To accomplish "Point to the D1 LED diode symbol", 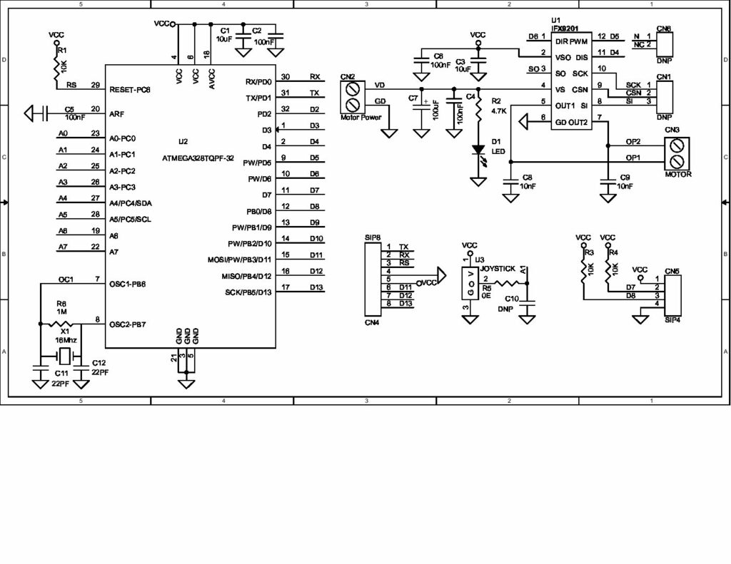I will point(478,151).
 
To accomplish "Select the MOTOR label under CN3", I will point(678,173).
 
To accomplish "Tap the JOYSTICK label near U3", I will point(498,268).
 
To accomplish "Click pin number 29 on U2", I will point(95,85).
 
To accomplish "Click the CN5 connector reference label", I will point(672,272).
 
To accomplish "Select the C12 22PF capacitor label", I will point(100,367).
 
